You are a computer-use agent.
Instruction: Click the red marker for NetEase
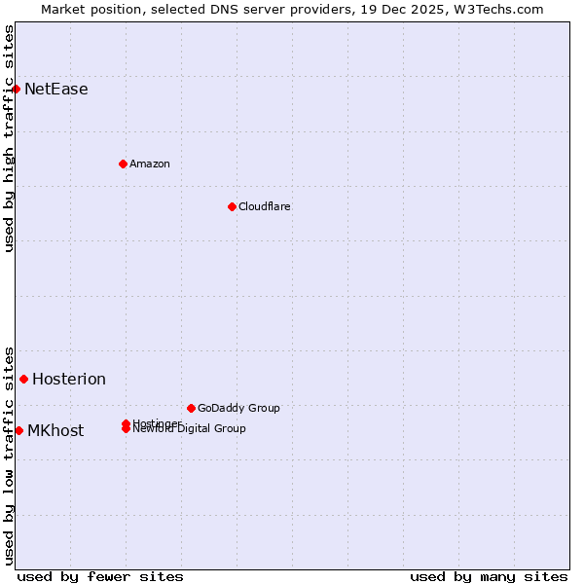coord(17,90)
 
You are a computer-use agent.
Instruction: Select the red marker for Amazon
coord(124,164)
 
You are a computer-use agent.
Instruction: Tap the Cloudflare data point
coord(232,206)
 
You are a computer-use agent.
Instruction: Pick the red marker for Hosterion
coord(24,379)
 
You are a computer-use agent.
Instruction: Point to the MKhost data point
coord(18,430)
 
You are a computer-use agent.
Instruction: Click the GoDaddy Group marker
coord(191,408)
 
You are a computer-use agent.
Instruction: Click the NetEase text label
coord(56,90)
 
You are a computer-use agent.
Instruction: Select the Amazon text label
coord(150,164)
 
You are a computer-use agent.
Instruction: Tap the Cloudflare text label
coord(265,206)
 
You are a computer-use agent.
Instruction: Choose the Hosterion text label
coord(69,380)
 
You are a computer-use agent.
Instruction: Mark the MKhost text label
coord(55,431)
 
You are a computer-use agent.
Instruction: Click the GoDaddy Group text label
coord(238,408)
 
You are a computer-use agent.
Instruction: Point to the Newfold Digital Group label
coord(190,429)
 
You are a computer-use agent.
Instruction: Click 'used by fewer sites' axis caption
coord(100,576)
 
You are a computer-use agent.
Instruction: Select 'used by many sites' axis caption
coord(489,576)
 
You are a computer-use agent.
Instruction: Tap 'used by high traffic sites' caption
coord(9,138)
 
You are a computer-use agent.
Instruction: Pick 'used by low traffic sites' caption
coord(9,455)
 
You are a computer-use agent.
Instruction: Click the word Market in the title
coord(61,9)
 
